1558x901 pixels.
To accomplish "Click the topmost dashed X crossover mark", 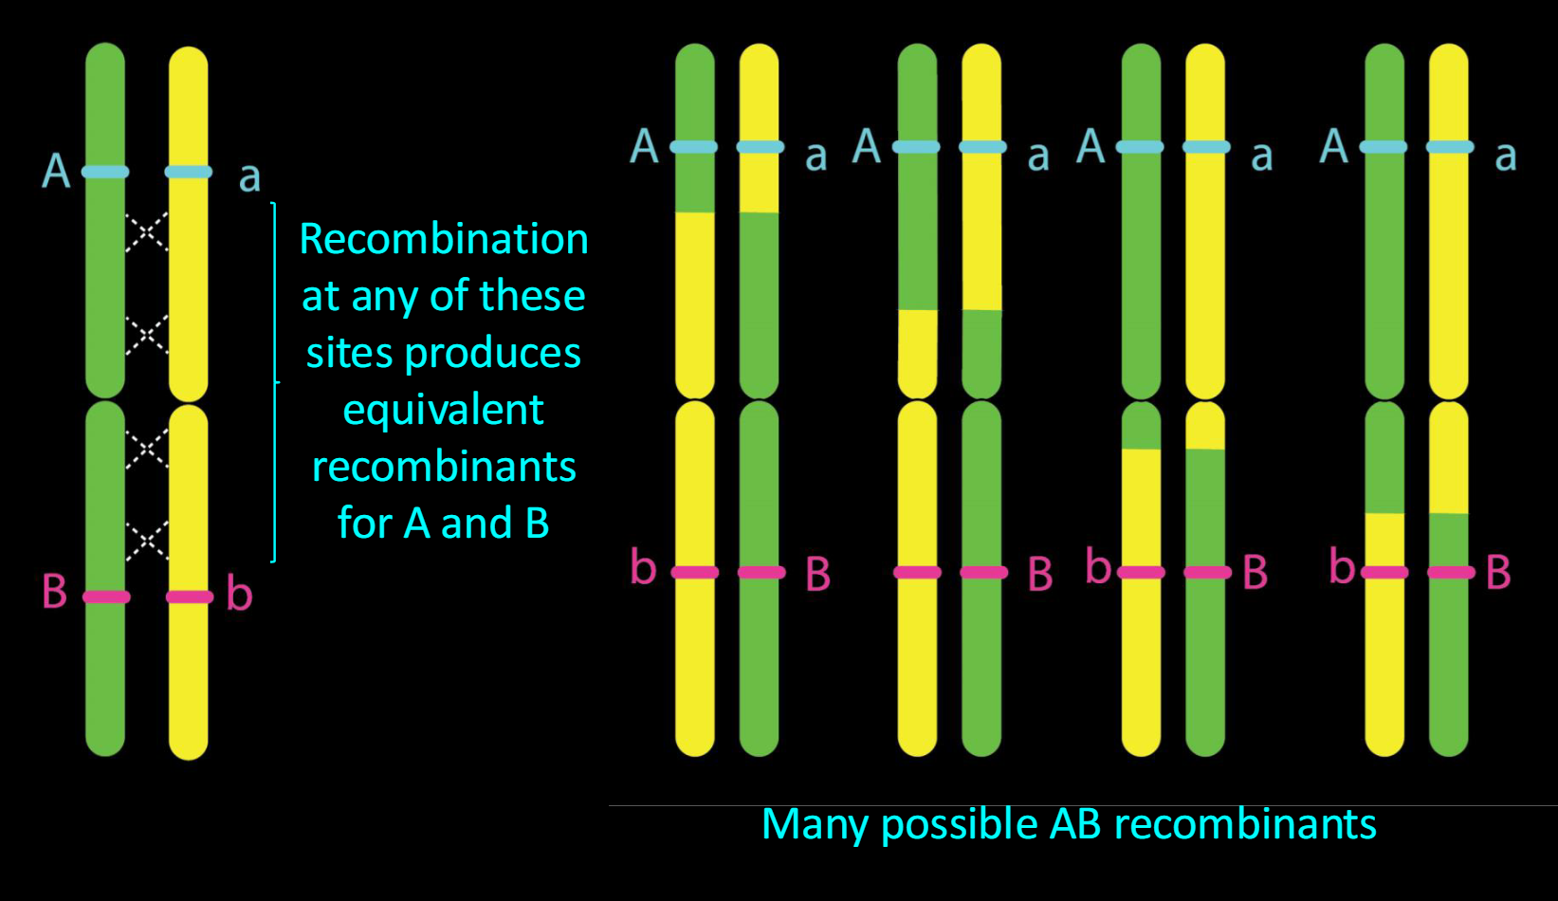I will [x=147, y=231].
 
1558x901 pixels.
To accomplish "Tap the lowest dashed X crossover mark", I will [x=147, y=541].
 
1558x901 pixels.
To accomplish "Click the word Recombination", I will [x=444, y=239].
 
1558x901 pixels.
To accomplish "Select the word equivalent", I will [x=443, y=410].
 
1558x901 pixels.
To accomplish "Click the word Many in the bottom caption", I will [x=815, y=825].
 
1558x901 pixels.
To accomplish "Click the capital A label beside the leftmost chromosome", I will [x=56, y=172].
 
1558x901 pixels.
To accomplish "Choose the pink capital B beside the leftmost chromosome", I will [x=54, y=592].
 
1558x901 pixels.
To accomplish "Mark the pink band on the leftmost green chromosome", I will [x=105, y=597].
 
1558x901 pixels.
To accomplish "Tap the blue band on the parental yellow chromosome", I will [x=188, y=172].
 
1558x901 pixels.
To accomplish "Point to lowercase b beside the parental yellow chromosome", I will [x=239, y=594].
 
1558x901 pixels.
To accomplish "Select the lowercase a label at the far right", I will [x=1505, y=156].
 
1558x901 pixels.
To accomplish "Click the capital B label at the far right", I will [x=1498, y=572].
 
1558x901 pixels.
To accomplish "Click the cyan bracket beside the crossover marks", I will [x=275, y=382].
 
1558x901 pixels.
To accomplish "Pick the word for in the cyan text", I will [x=364, y=524].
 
